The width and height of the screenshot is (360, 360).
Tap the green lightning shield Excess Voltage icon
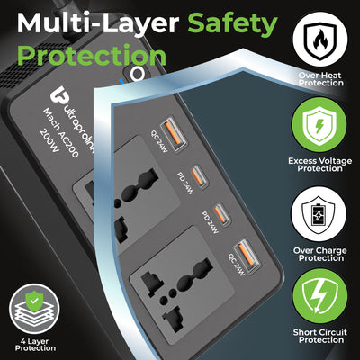[x=319, y=124]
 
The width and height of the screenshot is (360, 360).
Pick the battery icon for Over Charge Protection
[x=319, y=216]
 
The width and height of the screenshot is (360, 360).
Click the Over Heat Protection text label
[x=319, y=78]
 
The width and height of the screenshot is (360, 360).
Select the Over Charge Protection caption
[x=319, y=256]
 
